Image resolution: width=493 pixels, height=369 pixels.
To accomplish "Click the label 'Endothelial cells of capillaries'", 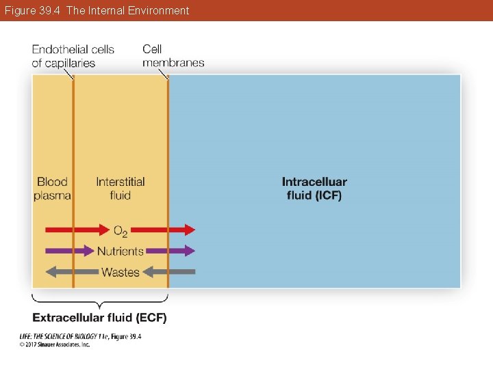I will tap(73, 56).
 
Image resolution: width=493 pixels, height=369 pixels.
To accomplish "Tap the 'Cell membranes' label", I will tap(173, 56).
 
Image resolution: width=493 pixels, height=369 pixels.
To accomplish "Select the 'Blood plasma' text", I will tap(52, 189).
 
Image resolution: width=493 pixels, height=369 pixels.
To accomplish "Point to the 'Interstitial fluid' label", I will tap(121, 189).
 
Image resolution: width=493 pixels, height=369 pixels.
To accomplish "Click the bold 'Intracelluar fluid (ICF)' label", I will tap(314, 189).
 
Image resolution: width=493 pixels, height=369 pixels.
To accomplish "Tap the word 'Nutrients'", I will tap(121, 251).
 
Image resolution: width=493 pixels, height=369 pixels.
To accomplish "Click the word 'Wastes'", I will tap(121, 272).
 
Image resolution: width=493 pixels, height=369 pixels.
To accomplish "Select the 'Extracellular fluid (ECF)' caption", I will tap(100, 318).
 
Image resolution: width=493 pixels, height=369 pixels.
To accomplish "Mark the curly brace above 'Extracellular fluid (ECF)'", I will tap(100, 301).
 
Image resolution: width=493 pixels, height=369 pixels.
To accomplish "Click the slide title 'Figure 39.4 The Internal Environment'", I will tap(95, 10).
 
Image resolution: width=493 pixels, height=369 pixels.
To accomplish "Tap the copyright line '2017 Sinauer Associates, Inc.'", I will tap(55, 344).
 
